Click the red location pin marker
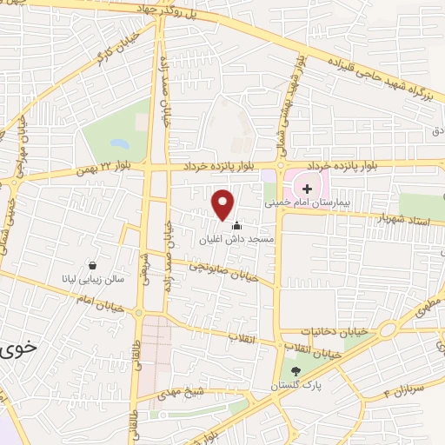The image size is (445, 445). tap(224, 203)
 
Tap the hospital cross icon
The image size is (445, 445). tap(307, 188)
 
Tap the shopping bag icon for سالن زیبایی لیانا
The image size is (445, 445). tap(92, 266)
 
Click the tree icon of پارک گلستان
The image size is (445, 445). tap(296, 372)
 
